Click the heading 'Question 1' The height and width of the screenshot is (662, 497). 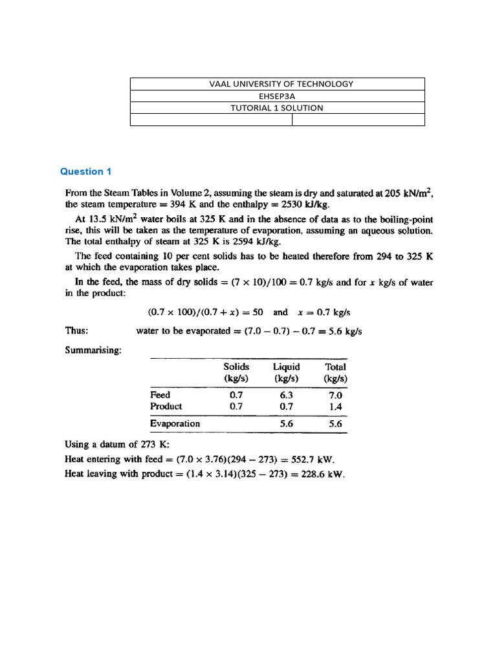(86, 171)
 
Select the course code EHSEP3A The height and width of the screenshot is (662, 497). (277, 96)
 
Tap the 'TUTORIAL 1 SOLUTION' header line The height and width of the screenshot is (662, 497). (277, 108)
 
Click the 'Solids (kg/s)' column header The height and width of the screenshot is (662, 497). (236, 372)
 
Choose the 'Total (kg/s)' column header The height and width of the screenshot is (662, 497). (336, 372)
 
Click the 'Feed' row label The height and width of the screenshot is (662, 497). (160, 394)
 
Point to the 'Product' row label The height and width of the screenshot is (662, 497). (166, 407)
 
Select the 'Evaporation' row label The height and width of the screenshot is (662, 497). (175, 424)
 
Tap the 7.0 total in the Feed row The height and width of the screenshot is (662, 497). (335, 394)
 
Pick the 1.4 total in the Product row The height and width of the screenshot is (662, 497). (335, 407)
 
